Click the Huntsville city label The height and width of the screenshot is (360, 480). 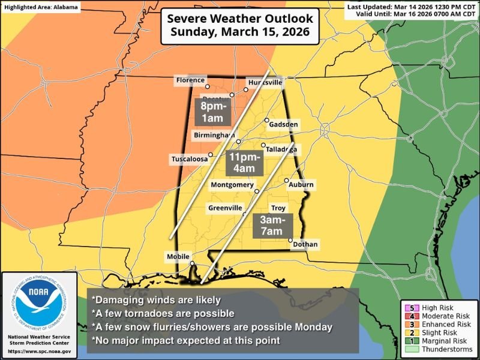(265, 83)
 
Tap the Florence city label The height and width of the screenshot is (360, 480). (190, 80)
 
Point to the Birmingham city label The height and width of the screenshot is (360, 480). (214, 136)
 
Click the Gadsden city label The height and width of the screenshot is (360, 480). (284, 124)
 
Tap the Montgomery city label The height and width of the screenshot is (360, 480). (232, 185)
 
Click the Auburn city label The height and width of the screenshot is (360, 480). (301, 185)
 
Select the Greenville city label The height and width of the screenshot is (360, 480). (226, 208)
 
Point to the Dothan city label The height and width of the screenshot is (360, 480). (306, 244)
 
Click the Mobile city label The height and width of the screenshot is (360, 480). (178, 257)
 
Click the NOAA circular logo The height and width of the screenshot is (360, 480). (37, 304)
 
